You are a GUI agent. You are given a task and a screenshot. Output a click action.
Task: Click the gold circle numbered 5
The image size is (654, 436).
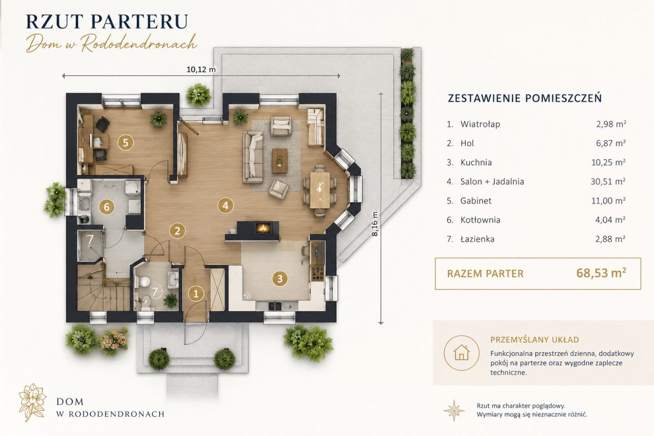125,143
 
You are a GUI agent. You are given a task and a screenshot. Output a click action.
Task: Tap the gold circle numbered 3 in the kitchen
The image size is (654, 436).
280,278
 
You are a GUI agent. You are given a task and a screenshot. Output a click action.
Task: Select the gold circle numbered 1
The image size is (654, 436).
196,294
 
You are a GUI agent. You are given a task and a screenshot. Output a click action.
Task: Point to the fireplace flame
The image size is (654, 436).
263,228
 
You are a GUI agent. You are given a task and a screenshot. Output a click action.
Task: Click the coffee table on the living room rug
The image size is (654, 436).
280,161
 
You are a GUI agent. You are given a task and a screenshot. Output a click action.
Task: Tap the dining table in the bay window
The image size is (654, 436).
320,190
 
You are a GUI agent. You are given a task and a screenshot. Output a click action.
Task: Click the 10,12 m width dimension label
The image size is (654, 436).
201,70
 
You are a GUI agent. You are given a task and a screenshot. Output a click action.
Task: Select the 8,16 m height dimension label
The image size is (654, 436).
375,224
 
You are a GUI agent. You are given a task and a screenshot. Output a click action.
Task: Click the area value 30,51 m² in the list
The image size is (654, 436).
608,181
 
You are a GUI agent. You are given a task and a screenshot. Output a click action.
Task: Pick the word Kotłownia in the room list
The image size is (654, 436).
480,220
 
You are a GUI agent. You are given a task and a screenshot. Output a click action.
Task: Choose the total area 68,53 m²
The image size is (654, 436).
601,273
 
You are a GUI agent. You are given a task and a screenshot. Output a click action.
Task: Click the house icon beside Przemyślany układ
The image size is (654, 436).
462,353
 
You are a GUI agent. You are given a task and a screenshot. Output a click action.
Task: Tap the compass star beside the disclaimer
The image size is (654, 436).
453,410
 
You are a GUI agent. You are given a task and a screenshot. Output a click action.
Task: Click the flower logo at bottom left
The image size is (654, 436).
32,402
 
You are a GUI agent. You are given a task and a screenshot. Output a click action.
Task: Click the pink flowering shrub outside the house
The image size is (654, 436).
113,340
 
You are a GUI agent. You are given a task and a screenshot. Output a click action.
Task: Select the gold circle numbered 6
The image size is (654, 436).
107,207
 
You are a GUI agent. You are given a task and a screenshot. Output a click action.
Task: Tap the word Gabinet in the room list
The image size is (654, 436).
476,201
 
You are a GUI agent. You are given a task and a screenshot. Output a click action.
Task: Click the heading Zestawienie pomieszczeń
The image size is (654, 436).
525,99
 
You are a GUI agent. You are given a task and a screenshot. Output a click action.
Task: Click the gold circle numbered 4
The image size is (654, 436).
226,205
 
